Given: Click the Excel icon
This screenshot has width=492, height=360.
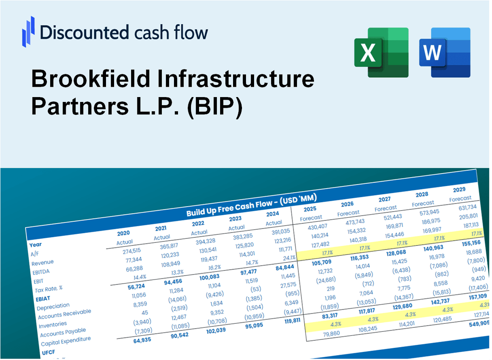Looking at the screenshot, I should tap(381, 52).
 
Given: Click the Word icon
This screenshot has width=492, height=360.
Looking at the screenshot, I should tap(445, 52).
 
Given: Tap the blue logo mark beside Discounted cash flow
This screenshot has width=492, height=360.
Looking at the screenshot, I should tap(28, 32).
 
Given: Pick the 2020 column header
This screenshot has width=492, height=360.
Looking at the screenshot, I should tap(123, 233).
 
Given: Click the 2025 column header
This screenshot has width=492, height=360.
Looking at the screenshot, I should tap(310, 209).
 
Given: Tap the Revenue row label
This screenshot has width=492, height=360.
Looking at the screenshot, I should tap(42, 262).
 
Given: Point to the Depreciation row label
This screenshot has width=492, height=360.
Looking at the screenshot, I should tap(53, 306).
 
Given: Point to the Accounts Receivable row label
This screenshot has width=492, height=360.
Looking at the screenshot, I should tap(64, 314).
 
